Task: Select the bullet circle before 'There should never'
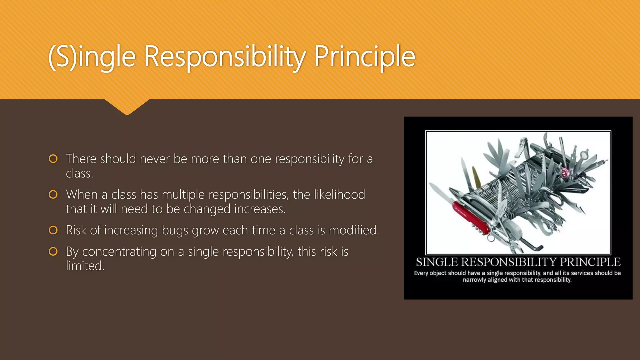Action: [53, 159]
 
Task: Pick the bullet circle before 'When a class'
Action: [53, 194]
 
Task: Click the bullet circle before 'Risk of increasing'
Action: [53, 230]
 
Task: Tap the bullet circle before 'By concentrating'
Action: [53, 251]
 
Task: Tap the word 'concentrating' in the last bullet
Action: [119, 252]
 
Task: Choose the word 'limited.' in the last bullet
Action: [85, 266]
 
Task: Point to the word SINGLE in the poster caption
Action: [437, 262]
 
